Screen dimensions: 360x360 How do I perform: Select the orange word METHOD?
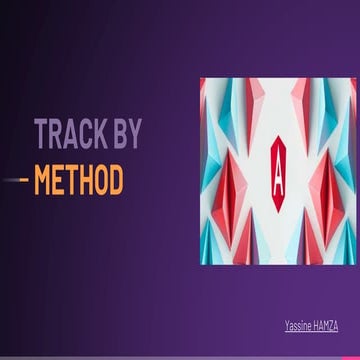78,181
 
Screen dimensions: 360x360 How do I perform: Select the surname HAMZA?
326,326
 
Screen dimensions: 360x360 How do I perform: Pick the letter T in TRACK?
41,133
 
